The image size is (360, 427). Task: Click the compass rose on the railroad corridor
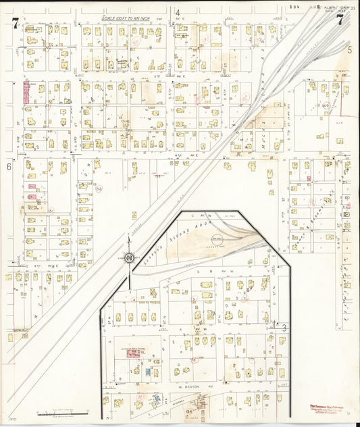(x=128, y=257)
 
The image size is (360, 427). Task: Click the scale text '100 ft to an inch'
(x=132, y=18)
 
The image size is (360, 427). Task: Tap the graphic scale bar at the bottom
(x=62, y=411)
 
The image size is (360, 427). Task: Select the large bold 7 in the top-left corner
(x=14, y=24)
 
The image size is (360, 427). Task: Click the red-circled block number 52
(x=99, y=189)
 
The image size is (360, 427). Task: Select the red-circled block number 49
(x=326, y=106)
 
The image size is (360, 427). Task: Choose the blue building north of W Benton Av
(x=149, y=372)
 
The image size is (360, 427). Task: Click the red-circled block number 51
(x=50, y=210)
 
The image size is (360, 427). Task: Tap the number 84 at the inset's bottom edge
(x=190, y=410)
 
